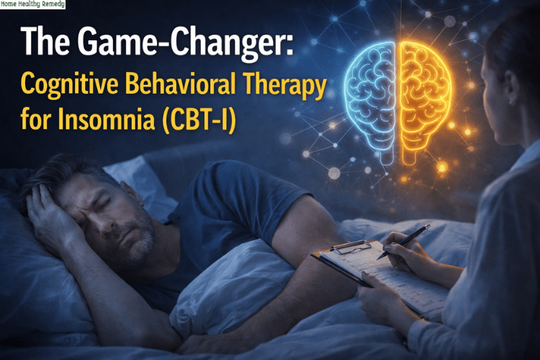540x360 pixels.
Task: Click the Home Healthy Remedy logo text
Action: pyautogui.click(x=32, y=4)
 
